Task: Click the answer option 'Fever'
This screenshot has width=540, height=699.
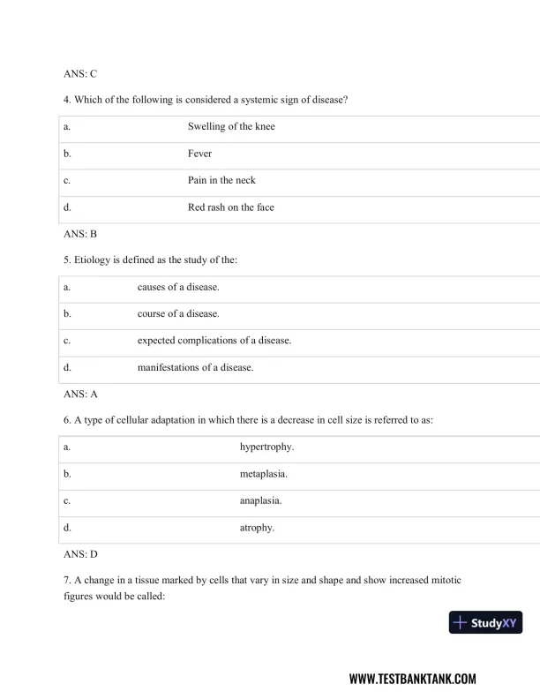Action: coord(199,154)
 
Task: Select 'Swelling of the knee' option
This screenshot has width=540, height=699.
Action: coord(231,127)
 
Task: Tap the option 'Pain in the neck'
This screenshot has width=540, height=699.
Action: coord(221,181)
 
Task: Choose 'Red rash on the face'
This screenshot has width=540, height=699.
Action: coord(230,207)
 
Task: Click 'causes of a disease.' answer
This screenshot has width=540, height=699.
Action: coord(178,288)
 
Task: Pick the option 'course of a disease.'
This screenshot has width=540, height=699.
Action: coord(178,314)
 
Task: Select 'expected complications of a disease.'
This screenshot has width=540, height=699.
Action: coord(214,341)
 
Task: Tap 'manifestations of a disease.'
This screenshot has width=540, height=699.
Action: coord(195,367)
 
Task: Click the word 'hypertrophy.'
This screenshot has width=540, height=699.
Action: coord(266,447)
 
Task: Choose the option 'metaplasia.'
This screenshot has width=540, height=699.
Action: coord(264,475)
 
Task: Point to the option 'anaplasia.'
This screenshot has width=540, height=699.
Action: coord(261,501)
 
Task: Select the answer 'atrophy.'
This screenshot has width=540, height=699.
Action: coord(257,528)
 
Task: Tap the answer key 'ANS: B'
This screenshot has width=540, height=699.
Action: coord(80,235)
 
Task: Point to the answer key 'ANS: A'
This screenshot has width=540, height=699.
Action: coord(80,395)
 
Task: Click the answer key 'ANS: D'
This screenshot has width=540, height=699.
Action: coord(80,555)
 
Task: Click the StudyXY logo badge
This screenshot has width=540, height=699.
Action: coord(485,623)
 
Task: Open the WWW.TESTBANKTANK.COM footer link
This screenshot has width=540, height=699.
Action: coord(412,679)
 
